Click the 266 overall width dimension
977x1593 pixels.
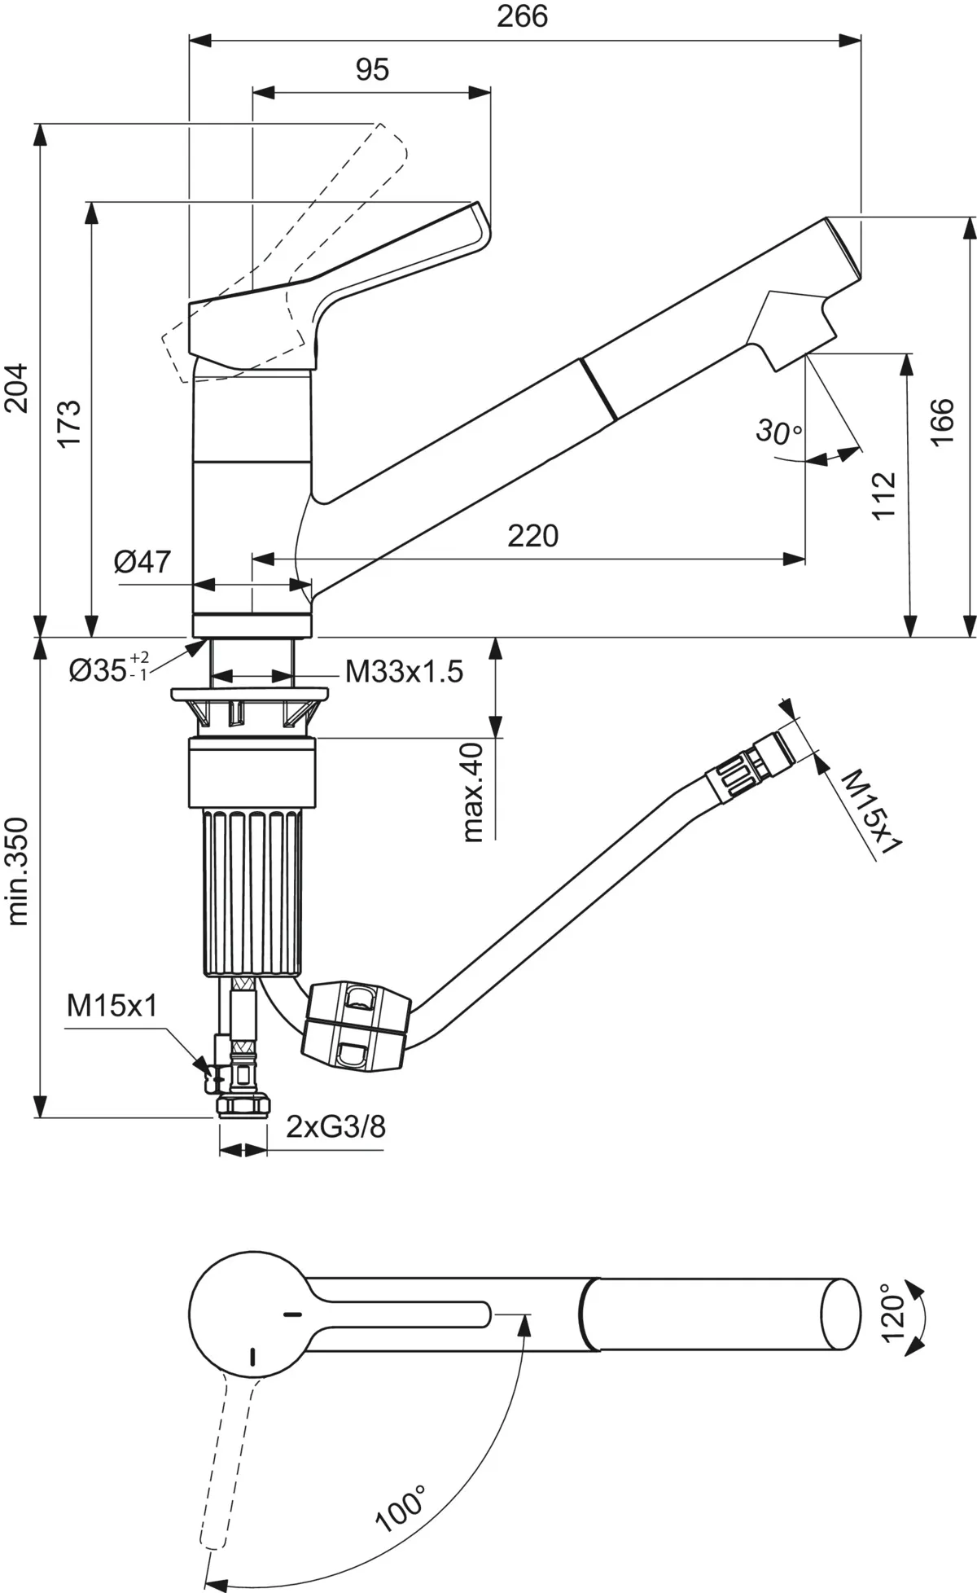point(522,16)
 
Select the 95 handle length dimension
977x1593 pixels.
point(372,70)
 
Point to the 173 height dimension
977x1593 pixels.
point(68,422)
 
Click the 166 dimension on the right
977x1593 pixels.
point(942,421)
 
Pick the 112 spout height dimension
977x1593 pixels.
point(883,494)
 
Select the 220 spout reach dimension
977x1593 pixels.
point(533,536)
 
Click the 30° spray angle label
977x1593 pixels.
point(778,431)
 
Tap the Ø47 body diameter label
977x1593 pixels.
point(143,561)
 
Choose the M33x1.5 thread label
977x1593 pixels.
point(404,672)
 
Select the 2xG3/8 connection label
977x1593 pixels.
point(335,1126)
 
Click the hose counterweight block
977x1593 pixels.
point(355,1025)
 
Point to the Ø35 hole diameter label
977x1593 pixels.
point(108,669)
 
